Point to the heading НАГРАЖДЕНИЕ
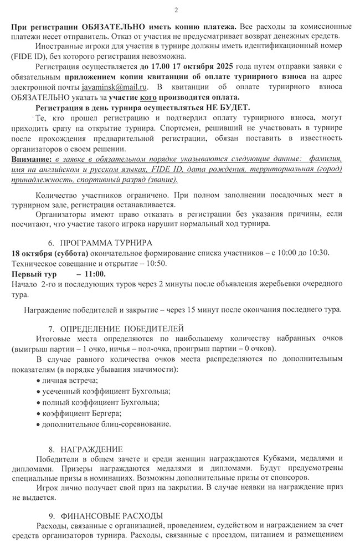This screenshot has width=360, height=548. click(x=91, y=448)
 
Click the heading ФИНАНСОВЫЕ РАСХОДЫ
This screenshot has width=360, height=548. click(x=111, y=515)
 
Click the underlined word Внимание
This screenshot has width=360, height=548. click(x=28, y=159)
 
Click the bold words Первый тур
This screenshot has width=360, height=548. click(x=31, y=274)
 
